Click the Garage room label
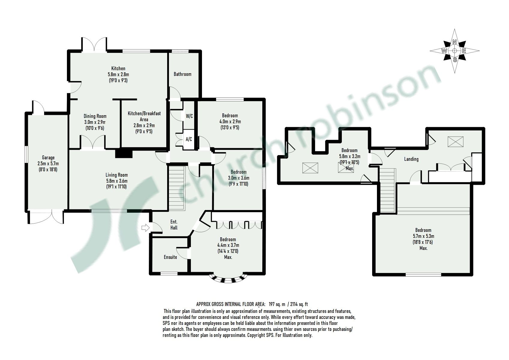point(48,157)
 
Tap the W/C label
point(189,116)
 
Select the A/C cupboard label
point(189,139)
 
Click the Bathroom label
point(182,74)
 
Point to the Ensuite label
point(170,257)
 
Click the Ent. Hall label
point(174,225)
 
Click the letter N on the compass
point(454,42)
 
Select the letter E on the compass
point(464,51)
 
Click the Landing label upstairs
point(411,159)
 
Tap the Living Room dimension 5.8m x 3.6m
point(116,181)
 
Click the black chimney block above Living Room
point(124,154)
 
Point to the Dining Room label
point(95,116)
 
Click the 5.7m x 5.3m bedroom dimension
point(423,236)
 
